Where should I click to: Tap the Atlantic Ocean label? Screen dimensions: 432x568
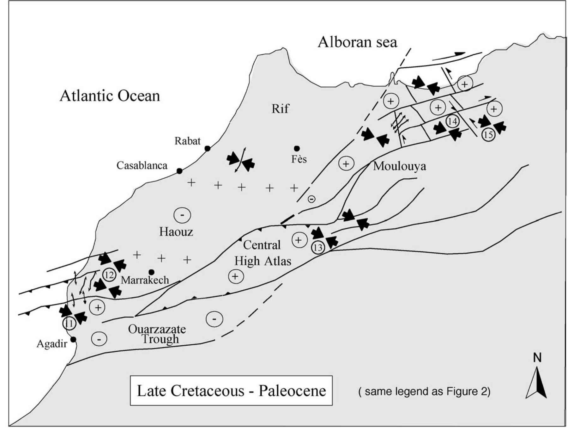[110, 96]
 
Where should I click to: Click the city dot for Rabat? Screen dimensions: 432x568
[207, 149]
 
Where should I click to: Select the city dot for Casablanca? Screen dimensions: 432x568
[179, 171]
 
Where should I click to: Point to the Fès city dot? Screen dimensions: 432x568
[297, 148]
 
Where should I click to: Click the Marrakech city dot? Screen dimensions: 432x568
[151, 272]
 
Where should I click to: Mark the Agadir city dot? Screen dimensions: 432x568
[73, 339]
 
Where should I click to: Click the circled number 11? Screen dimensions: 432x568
[69, 323]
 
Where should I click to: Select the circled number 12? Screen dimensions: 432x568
[109, 275]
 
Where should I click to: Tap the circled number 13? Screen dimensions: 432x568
[318, 247]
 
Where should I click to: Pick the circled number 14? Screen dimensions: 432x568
[452, 121]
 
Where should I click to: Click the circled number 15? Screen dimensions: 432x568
[488, 135]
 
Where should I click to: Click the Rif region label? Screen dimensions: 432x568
[280, 109]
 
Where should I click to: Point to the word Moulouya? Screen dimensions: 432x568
[399, 166]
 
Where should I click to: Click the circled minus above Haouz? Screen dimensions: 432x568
[182, 215]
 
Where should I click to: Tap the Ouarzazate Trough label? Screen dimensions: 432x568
[157, 334]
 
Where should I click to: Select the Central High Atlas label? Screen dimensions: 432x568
[262, 253]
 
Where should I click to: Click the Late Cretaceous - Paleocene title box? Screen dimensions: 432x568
[231, 391]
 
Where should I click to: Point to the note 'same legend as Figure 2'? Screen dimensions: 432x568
[424, 392]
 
